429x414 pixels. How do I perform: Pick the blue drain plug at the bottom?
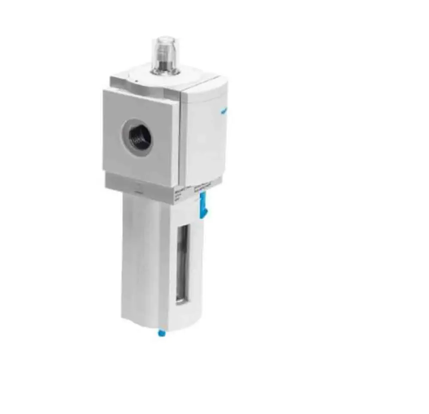161,331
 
